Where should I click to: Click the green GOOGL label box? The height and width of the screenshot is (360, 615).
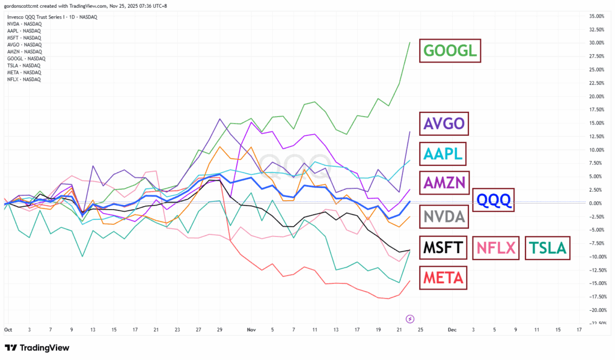point(451,51)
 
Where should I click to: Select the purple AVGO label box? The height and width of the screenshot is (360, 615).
point(444,124)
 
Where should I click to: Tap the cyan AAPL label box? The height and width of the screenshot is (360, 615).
point(444,154)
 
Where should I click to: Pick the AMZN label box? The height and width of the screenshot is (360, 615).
point(444,182)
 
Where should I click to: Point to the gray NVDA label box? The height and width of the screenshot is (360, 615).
point(444,216)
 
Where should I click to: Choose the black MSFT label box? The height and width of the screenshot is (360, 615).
point(444,247)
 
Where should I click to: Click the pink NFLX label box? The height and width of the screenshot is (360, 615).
point(496,247)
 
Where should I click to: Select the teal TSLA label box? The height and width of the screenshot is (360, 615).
point(547,247)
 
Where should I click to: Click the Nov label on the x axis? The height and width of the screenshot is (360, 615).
point(250,330)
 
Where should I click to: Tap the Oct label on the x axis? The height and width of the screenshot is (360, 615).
point(8,330)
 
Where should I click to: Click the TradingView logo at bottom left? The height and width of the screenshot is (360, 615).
point(39,348)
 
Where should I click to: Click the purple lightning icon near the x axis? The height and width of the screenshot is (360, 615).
point(410,318)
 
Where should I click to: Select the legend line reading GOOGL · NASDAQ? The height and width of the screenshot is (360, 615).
point(26,58)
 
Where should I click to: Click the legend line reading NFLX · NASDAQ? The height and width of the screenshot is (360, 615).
point(24,79)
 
